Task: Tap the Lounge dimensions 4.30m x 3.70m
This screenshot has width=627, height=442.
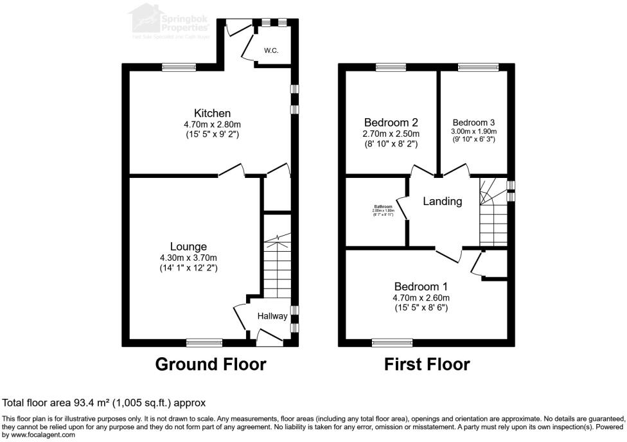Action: pyautogui.click(x=188, y=258)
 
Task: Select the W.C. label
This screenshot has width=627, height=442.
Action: pyautogui.click(x=271, y=50)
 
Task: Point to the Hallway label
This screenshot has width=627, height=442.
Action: pyautogui.click(x=273, y=316)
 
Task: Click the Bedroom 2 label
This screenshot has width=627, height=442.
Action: pyautogui.click(x=391, y=122)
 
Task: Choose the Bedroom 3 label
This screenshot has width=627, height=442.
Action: pyautogui.click(x=473, y=122)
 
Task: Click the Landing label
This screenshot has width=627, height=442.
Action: pyautogui.click(x=442, y=201)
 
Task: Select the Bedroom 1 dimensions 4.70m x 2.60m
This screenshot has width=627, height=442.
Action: pyautogui.click(x=421, y=297)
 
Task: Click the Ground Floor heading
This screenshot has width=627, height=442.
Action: pyautogui.click(x=211, y=364)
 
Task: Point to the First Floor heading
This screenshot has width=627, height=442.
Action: pyautogui.click(x=427, y=364)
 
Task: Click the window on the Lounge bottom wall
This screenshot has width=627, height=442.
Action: pyautogui.click(x=204, y=342)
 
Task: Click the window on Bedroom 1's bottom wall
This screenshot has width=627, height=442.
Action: pyautogui.click(x=392, y=342)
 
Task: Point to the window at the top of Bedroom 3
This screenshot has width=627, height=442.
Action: pyautogui.click(x=478, y=66)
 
